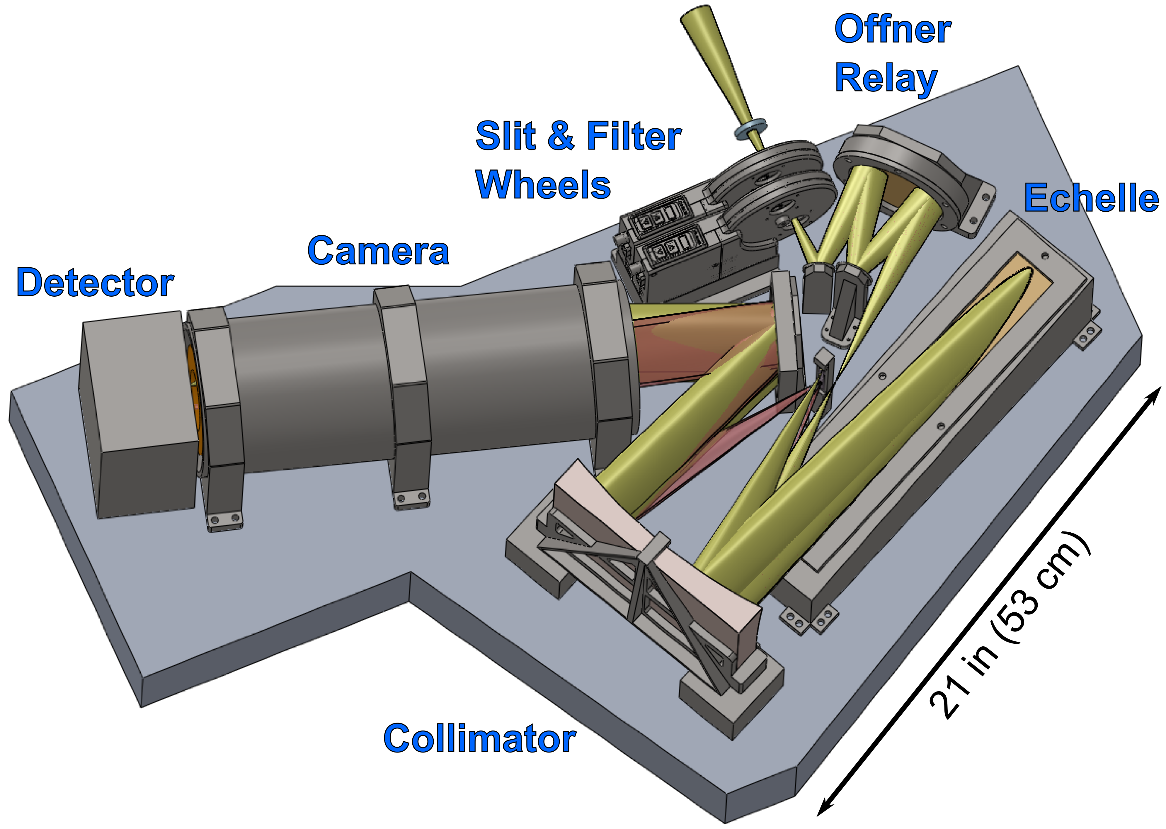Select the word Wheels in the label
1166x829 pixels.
[x=543, y=184]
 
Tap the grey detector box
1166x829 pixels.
[x=138, y=419]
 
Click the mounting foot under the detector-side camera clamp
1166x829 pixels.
[x=224, y=521]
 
